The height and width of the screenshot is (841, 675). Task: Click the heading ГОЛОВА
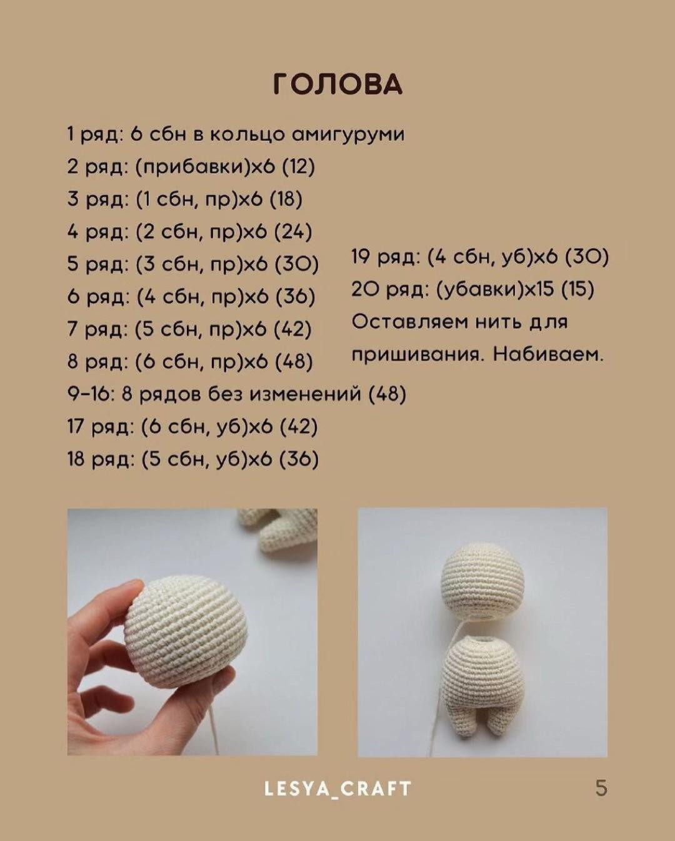pos(337,84)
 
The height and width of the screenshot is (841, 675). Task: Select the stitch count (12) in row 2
pos(298,167)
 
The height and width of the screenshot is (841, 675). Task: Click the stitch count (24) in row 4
pos(293,232)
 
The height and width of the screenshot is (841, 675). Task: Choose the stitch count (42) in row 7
pos(293,329)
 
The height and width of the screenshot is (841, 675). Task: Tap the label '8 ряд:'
pos(98,362)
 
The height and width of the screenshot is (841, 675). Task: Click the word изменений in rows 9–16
pos(306,394)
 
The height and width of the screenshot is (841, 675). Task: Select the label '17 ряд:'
pos(101,427)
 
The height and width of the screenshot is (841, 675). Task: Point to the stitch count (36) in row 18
pos(299,459)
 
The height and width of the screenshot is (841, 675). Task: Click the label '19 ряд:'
pos(385,257)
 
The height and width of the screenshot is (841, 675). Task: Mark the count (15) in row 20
pos(577,290)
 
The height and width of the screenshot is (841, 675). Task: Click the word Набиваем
pos(548,355)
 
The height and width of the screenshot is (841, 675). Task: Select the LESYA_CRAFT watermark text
pos(337,788)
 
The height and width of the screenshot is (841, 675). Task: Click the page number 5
pos(601,788)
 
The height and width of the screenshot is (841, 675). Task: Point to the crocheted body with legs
pos(481,682)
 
